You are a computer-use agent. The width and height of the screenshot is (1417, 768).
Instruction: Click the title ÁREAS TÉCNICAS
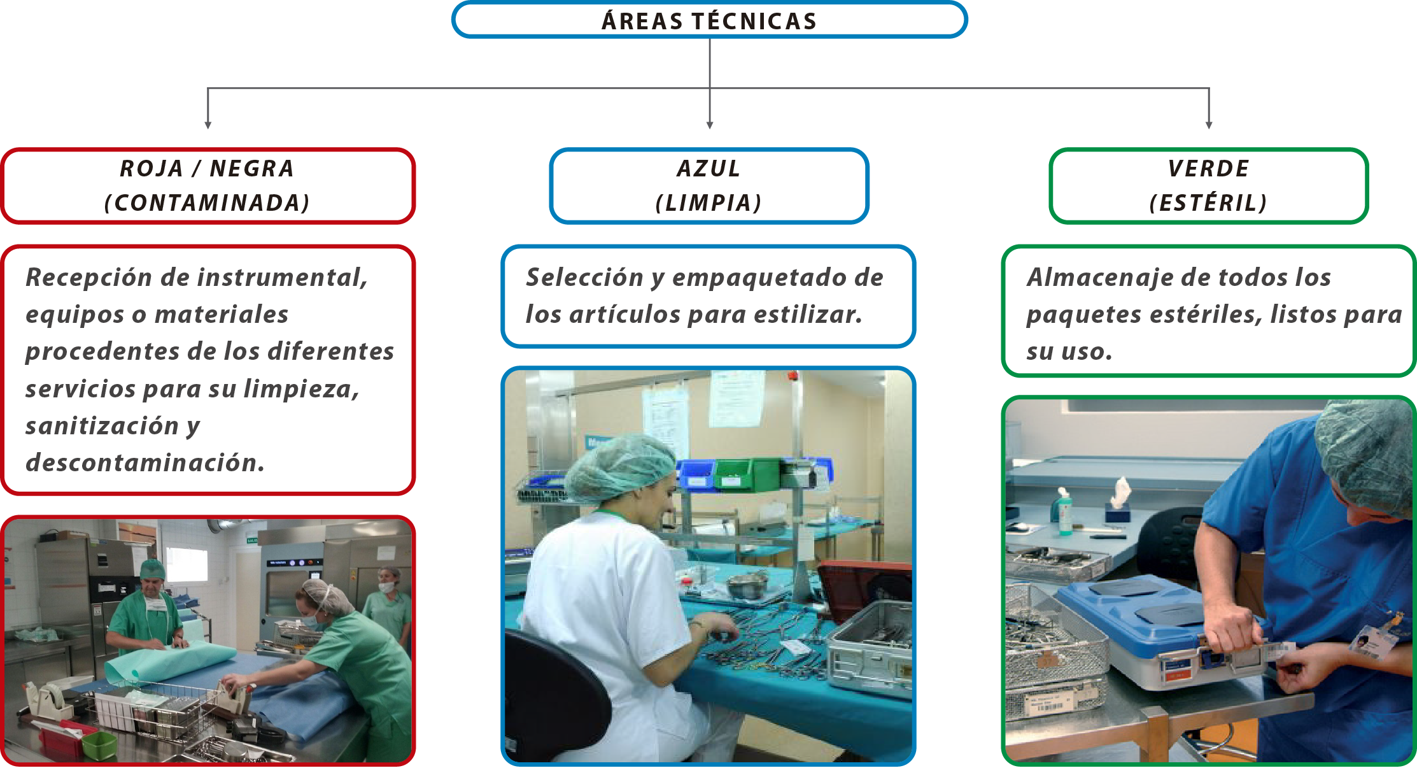coord(709,21)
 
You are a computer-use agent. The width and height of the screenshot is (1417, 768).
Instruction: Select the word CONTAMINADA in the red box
coord(207,203)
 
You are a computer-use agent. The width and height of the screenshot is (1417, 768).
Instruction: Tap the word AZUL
coord(709,169)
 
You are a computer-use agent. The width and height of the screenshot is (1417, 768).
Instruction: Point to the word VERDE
coord(1208,169)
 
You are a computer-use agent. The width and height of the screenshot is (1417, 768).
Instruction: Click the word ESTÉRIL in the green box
coord(1208,203)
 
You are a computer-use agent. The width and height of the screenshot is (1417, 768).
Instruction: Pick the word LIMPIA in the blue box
coord(709,203)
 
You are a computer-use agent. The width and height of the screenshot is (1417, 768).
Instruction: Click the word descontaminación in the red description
coord(145,463)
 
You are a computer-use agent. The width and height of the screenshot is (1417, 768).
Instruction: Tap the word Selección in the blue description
coord(584,278)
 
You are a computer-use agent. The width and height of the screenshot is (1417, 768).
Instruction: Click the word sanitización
coord(102,426)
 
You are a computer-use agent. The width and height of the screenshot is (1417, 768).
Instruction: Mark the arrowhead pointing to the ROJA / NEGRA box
coord(208,125)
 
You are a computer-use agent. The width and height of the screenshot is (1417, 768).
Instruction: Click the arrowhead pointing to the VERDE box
coord(1209,125)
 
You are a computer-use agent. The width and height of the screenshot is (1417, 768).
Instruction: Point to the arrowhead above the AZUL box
coord(710,125)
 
